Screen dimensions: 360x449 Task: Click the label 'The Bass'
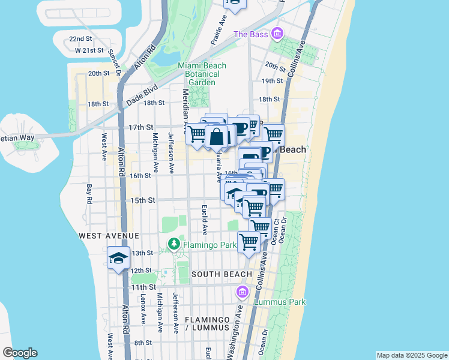(250, 34)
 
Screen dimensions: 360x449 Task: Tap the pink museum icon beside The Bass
(277, 34)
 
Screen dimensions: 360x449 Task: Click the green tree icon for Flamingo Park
(174, 244)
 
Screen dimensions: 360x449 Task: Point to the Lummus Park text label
(280, 302)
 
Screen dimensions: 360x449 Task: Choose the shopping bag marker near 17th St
(217, 137)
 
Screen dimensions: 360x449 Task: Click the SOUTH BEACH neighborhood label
(221, 274)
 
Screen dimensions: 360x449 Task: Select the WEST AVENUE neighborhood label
(109, 236)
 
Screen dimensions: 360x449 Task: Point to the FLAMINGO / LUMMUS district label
(208, 323)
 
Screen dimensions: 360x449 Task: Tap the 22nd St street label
(80, 38)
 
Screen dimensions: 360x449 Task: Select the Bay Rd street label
(89, 193)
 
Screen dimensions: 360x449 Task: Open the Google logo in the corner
(20, 353)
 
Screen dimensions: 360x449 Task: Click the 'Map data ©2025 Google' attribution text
(411, 355)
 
